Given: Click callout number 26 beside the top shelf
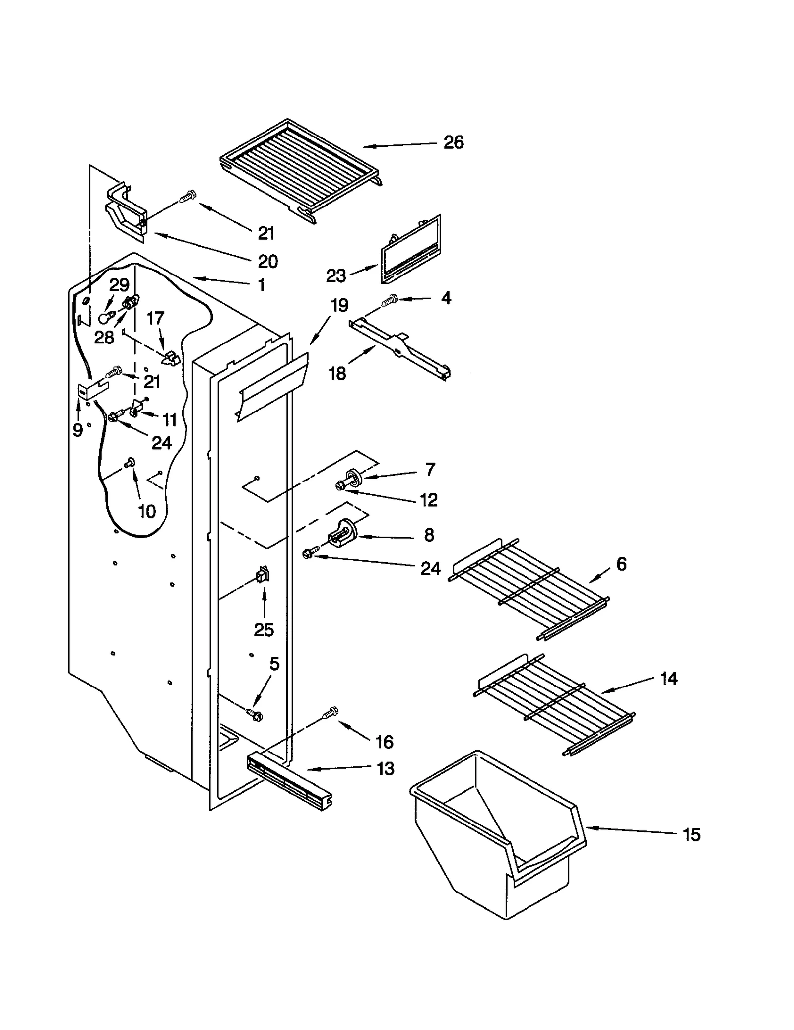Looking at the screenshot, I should click(x=453, y=142).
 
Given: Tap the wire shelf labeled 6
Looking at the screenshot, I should click(x=529, y=588).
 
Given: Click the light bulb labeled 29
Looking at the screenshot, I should click(x=105, y=317).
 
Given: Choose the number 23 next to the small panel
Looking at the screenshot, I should click(x=335, y=275).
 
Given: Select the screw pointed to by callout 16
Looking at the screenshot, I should click(x=330, y=713).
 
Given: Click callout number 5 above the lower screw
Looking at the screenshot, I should click(x=274, y=664).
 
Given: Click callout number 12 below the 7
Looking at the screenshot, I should click(x=429, y=500).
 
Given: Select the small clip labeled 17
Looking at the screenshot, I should click(x=171, y=358).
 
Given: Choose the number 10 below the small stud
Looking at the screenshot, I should click(x=146, y=511).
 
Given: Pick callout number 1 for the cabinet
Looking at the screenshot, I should click(x=262, y=285).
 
